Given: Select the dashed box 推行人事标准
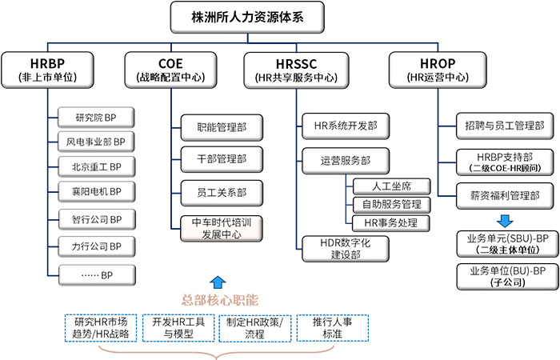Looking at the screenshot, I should pyautogui.click(x=333, y=327).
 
